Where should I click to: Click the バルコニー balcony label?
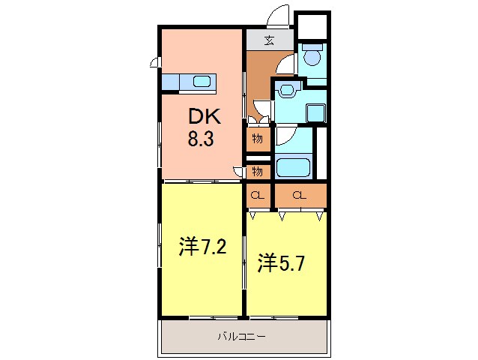tap(241, 337)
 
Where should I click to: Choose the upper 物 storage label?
tap(257, 138)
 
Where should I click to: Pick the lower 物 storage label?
tap(257, 172)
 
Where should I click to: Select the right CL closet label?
tap(300, 196)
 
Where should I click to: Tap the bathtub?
tap(294, 166)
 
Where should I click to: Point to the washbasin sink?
tap(285, 91)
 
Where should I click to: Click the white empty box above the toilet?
tap(312, 26)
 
